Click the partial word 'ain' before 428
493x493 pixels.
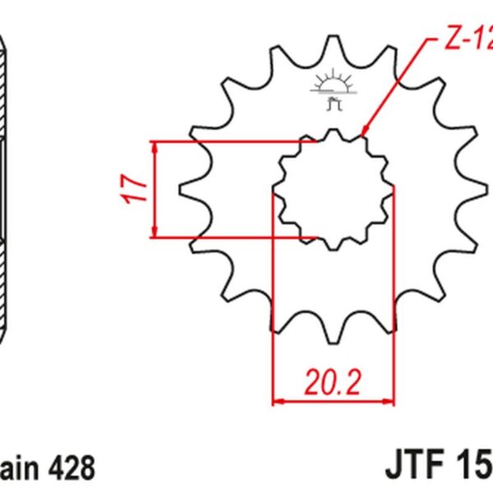20,469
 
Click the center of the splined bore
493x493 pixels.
334,189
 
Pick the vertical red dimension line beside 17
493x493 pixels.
155,189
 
